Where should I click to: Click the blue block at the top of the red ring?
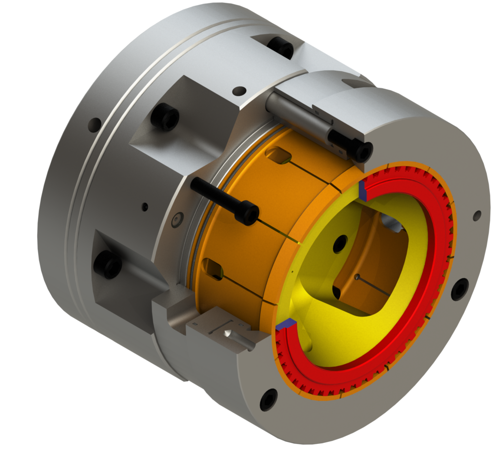363,191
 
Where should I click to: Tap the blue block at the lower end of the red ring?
286,323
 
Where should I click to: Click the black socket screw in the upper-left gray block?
165,118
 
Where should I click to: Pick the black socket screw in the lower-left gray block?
108,265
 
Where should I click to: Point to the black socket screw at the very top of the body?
281,47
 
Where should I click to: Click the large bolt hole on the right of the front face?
460,290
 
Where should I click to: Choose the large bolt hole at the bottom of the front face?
269,400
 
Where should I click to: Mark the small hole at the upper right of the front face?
477,216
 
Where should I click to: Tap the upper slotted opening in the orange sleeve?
278,156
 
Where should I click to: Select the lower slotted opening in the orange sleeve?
212,267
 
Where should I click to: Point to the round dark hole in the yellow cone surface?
340,244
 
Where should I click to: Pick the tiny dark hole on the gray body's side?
145,207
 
